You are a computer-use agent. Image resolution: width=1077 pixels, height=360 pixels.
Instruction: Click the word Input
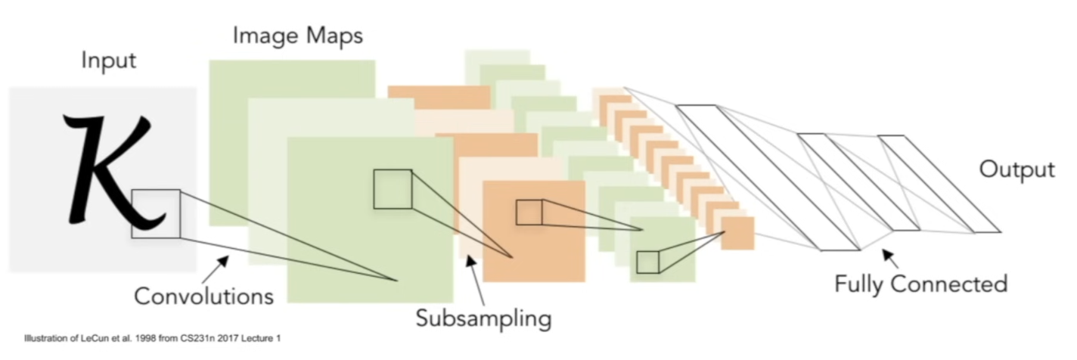tap(109, 61)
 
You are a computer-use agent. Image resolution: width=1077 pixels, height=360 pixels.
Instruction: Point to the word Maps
tap(334, 36)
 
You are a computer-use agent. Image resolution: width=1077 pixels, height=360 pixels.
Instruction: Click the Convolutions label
tap(204, 296)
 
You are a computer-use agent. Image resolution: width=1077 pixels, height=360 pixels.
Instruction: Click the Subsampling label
tap(484, 319)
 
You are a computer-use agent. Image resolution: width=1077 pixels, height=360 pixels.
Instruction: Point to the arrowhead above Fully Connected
tap(889, 256)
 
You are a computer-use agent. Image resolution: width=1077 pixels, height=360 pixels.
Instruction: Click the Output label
tap(1017, 169)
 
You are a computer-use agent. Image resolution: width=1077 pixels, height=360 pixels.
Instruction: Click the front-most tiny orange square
tap(737, 233)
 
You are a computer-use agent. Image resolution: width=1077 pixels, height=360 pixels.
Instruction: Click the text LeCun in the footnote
tap(95, 338)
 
